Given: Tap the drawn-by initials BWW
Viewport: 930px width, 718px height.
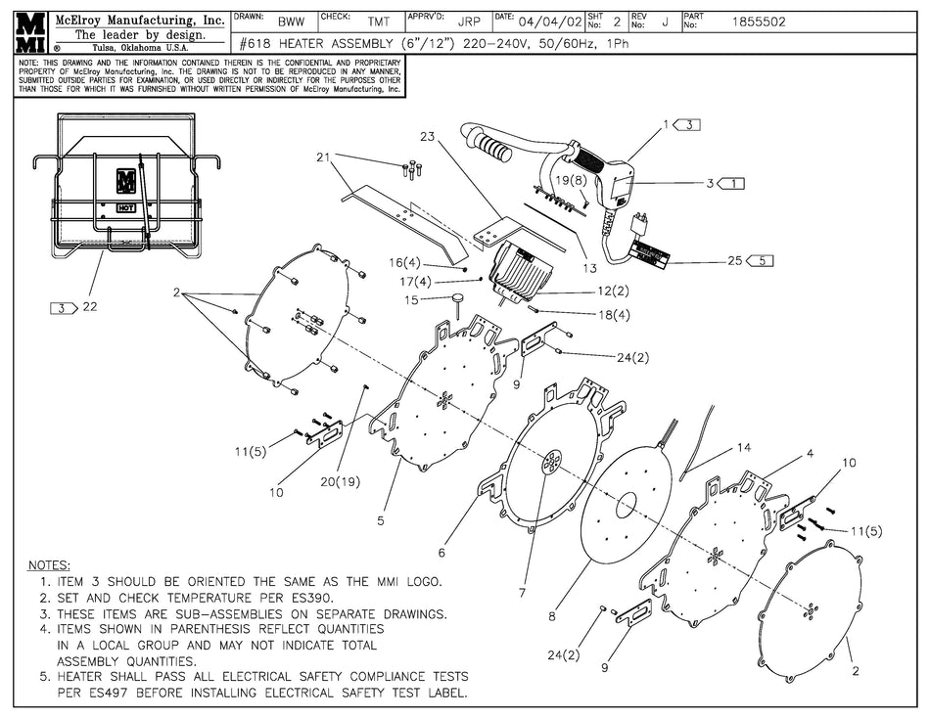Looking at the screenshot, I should pos(290,21).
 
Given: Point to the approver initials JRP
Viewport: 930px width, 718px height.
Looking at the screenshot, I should pos(469,21).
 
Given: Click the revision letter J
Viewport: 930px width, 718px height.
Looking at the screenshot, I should pos(665,21).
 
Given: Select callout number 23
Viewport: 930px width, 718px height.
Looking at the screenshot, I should pos(427,137).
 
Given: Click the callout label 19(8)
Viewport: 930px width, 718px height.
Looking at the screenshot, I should pos(571,180).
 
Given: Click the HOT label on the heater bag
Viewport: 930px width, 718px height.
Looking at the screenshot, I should pos(125,207).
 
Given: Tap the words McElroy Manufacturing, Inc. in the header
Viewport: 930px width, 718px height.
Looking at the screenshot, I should pos(139,19).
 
